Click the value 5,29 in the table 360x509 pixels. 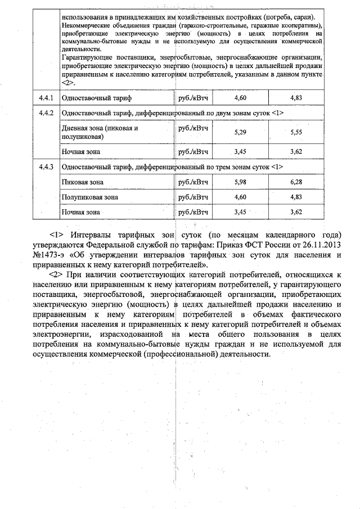click(x=240, y=132)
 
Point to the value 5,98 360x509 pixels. click(x=240, y=182)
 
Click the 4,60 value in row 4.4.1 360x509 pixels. click(x=240, y=98)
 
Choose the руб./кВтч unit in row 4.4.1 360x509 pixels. click(x=193, y=98)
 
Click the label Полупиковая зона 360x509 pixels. click(x=90, y=197)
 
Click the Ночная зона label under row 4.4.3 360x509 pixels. click(x=81, y=212)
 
